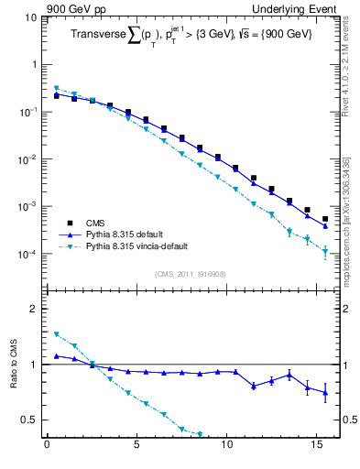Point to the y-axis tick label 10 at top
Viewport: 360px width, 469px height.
pyautogui.click(x=30, y=17)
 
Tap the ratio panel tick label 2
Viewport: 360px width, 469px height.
pyautogui.click(x=35, y=309)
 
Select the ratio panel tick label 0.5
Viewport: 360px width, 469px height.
pyautogui.click(x=29, y=420)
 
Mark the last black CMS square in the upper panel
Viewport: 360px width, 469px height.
pyautogui.click(x=325, y=219)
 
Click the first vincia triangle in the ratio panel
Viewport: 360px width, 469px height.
pyautogui.click(x=56, y=334)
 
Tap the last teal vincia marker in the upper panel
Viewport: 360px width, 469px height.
pyautogui.click(x=325, y=252)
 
